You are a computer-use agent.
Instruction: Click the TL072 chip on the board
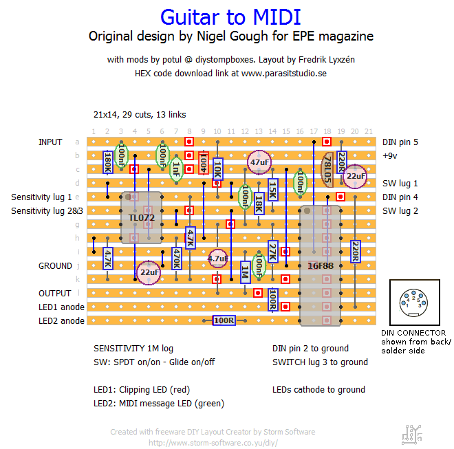click(141, 218)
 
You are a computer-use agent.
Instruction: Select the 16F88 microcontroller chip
click(321, 265)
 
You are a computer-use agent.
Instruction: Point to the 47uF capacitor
click(259, 162)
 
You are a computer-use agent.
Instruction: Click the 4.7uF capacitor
click(217, 259)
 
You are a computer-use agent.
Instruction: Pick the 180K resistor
click(107, 162)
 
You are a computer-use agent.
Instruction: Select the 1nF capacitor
click(176, 168)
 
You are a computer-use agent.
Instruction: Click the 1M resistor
click(245, 272)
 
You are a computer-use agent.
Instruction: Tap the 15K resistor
click(272, 190)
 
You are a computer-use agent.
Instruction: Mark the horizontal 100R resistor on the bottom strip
click(224, 320)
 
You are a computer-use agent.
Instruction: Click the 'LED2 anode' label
click(61, 320)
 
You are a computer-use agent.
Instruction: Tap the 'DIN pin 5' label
click(400, 142)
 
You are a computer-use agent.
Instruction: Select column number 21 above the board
click(369, 131)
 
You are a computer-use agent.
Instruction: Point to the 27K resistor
click(272, 252)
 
